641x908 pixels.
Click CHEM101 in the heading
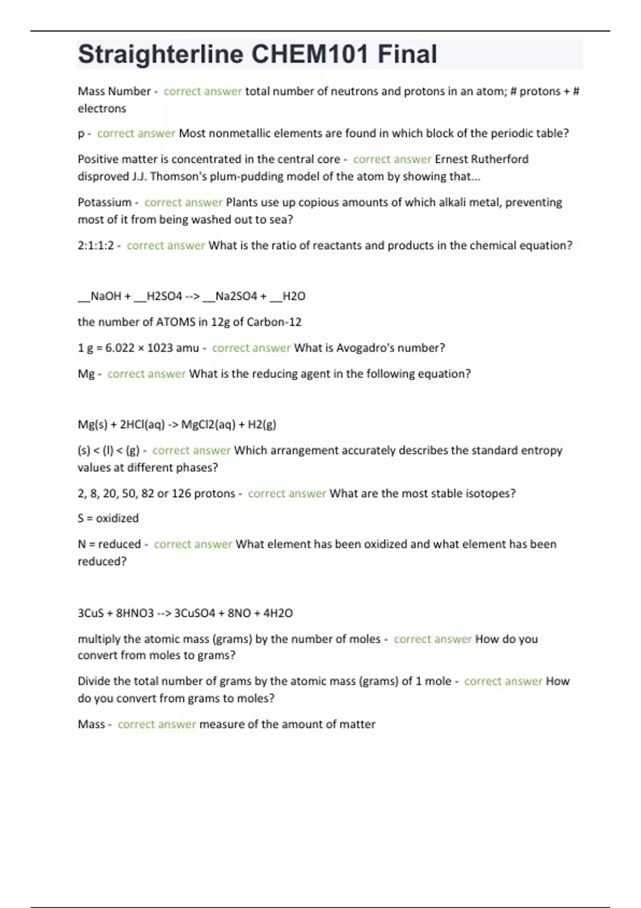(310, 54)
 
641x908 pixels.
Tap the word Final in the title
(408, 54)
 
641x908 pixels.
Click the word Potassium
(104, 202)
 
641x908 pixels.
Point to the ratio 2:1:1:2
(96, 246)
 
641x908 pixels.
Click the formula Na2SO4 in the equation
(236, 296)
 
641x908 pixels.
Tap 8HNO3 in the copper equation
(135, 613)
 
